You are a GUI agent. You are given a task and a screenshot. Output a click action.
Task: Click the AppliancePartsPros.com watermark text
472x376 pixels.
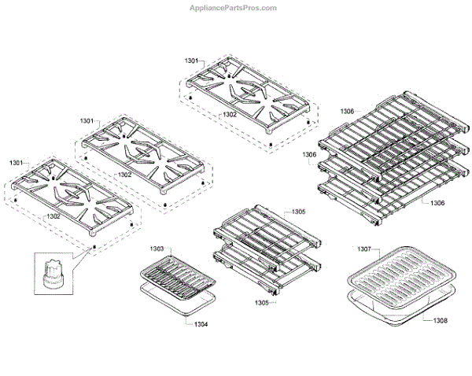234,8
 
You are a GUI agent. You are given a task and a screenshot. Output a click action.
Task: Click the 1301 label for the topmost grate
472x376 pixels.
192,60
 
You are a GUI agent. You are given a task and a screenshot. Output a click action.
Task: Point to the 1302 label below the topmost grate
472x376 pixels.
230,115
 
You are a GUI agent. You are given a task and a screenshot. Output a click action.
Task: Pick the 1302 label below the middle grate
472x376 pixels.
124,175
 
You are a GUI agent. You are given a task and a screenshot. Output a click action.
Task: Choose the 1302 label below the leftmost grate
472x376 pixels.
53,216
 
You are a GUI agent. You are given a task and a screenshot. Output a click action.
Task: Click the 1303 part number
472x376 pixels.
157,249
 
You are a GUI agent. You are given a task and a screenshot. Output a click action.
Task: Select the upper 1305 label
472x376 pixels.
276,212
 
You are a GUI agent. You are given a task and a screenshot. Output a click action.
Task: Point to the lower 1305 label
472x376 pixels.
260,302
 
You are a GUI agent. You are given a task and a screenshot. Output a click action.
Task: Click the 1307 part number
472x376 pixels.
363,249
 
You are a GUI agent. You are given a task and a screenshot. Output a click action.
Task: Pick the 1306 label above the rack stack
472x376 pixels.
348,112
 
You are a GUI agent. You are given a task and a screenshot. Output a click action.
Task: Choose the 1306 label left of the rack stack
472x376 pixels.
310,156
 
